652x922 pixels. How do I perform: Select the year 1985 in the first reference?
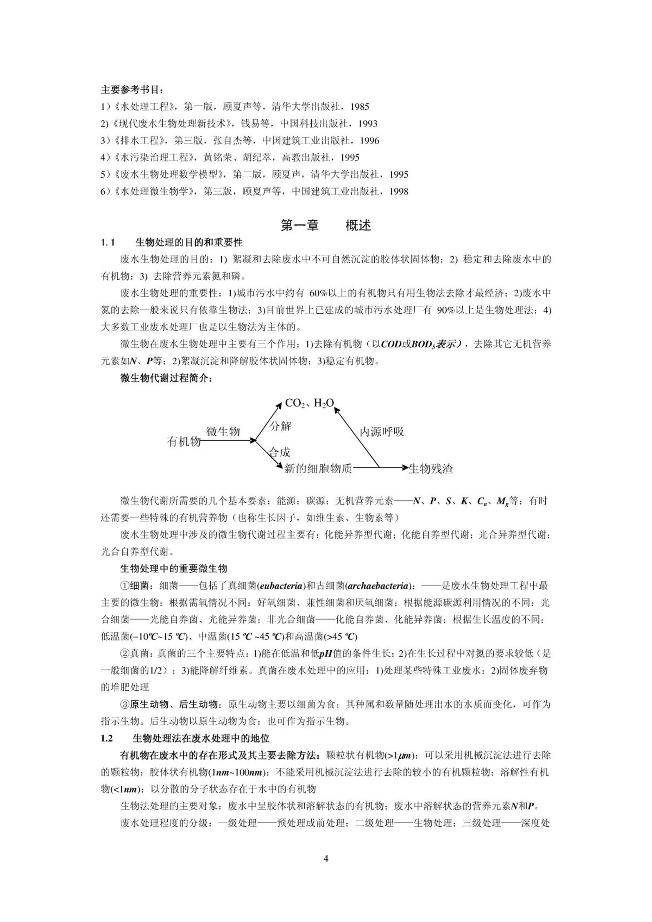pyautogui.click(x=360, y=107)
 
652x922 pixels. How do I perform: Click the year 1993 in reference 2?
pyautogui.click(x=368, y=124)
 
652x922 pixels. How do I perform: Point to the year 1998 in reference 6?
pyautogui.click(x=398, y=191)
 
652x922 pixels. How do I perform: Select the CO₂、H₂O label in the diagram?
pyautogui.click(x=309, y=403)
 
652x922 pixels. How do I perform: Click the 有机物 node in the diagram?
pyautogui.click(x=184, y=441)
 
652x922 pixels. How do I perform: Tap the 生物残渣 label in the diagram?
pyautogui.click(x=431, y=468)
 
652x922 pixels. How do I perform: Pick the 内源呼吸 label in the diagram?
pyautogui.click(x=382, y=432)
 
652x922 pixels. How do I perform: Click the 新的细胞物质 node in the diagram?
pyautogui.click(x=318, y=468)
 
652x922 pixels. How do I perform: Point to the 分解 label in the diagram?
pyautogui.click(x=281, y=426)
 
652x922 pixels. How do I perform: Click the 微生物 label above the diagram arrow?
pyautogui.click(x=223, y=431)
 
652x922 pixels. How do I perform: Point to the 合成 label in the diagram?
pyautogui.click(x=280, y=452)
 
